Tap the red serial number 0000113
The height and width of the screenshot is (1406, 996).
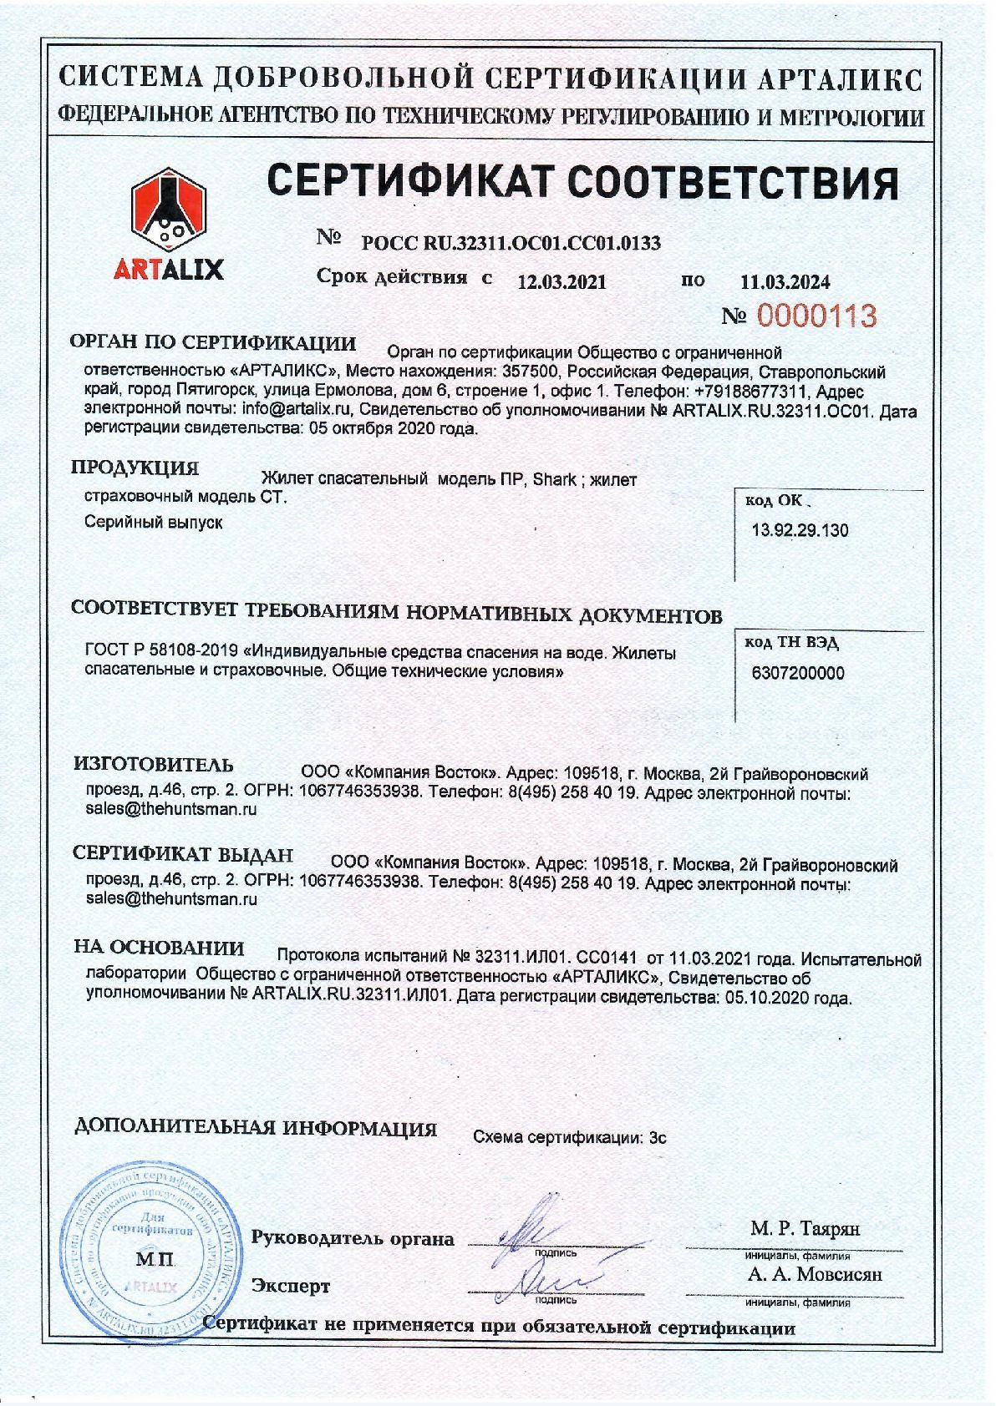tap(816, 316)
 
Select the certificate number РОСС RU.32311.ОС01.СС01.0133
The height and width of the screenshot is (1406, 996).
tap(511, 243)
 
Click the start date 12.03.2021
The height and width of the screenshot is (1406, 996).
tap(562, 281)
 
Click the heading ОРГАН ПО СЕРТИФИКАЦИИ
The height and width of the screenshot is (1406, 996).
tap(213, 343)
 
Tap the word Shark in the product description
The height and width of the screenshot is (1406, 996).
tap(554, 479)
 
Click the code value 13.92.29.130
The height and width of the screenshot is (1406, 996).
tap(800, 530)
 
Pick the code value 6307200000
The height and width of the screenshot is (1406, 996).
tap(798, 673)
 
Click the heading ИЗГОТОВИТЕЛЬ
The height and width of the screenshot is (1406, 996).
tap(154, 764)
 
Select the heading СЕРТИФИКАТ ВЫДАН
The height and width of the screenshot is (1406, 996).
tap(183, 854)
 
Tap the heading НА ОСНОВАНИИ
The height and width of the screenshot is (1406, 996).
tap(159, 948)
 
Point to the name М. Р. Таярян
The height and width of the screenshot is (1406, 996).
tap(805, 1228)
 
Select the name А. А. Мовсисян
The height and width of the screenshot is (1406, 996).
tap(815, 1274)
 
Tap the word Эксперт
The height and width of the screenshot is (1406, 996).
tap(292, 1286)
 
